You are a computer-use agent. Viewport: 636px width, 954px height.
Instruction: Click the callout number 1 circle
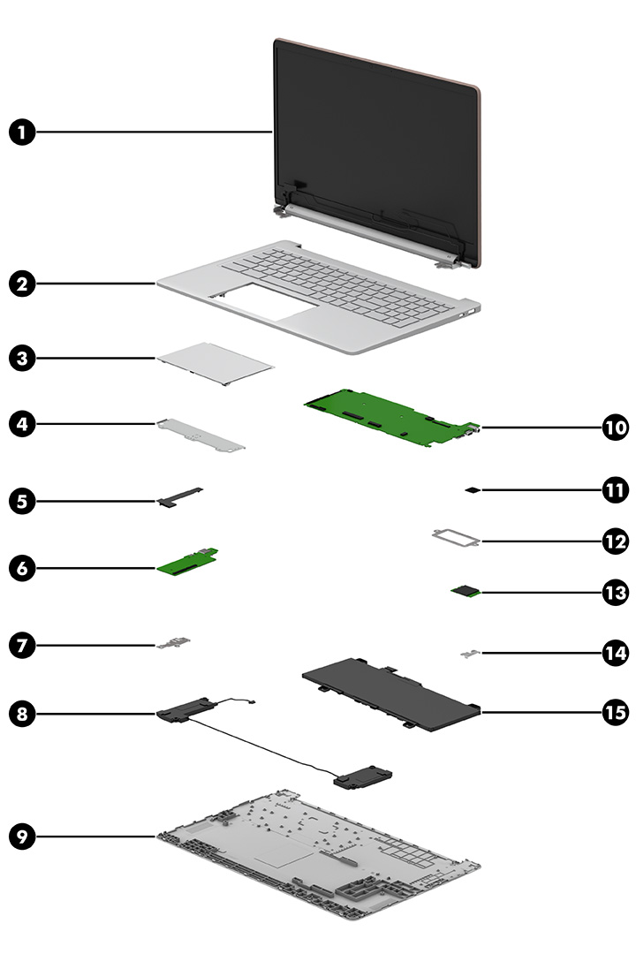coord(23,132)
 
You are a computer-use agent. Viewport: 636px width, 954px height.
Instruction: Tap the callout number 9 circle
coord(23,836)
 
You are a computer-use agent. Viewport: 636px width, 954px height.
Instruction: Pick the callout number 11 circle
coord(615,488)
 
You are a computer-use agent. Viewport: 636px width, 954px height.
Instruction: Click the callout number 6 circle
coord(23,567)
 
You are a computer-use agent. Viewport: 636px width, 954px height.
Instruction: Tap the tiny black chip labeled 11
coord(473,488)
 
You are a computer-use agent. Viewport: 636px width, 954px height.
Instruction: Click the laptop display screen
coord(375,128)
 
